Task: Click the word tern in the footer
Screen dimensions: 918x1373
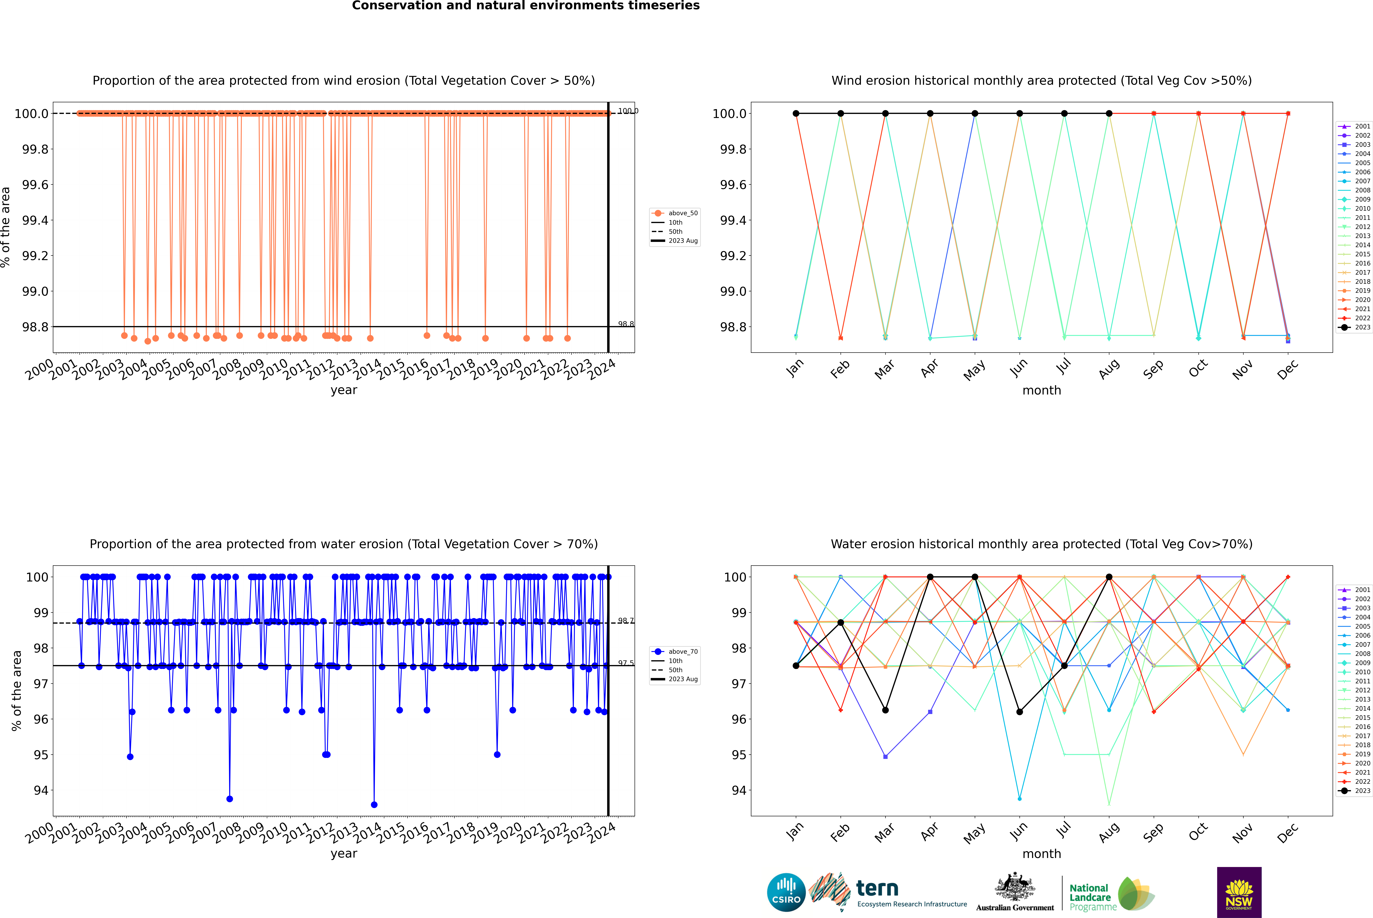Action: [877, 888]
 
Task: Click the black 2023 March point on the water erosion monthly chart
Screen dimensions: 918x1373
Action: [885, 710]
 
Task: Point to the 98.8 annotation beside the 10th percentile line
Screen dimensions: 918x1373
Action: [626, 324]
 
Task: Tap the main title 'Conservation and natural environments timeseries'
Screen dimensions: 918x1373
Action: [525, 6]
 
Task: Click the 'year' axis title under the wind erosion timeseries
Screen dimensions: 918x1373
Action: [344, 390]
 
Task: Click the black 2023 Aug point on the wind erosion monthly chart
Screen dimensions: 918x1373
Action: [1109, 114]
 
